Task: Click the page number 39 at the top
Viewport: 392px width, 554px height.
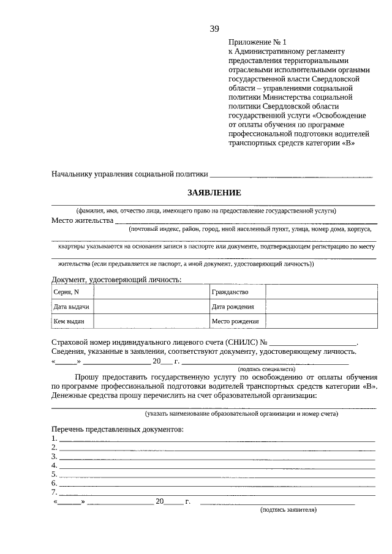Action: point(214,29)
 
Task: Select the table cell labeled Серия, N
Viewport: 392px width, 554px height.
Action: point(72,293)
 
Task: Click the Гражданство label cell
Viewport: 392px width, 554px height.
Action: point(237,293)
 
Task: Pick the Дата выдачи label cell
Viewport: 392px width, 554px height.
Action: point(72,307)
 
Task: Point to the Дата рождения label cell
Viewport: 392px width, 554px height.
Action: point(237,307)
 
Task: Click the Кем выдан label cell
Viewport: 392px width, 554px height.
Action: point(72,321)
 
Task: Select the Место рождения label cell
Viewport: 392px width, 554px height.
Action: point(237,321)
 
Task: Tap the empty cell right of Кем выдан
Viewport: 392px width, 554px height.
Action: point(151,321)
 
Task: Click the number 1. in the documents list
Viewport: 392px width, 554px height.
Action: point(55,439)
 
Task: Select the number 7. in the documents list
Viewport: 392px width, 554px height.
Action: point(55,492)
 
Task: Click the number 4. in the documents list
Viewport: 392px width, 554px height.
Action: point(55,465)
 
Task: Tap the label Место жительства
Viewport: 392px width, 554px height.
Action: point(83,220)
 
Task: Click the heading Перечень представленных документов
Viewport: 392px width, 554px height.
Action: point(118,429)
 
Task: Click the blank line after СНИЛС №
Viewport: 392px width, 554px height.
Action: point(313,342)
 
